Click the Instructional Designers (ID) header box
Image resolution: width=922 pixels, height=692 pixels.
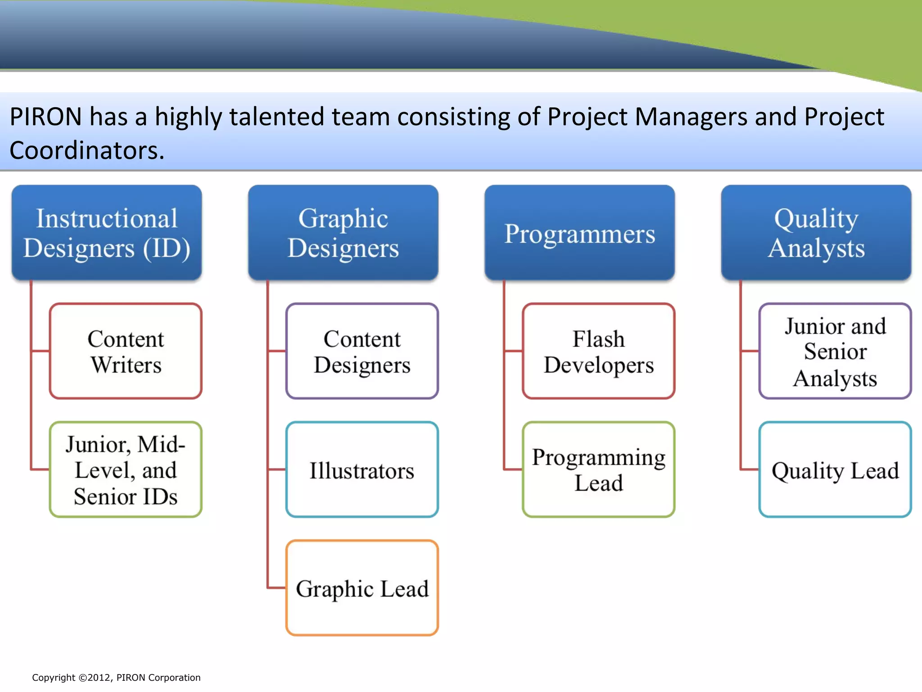(107, 232)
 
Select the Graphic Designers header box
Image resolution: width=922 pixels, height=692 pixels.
(343, 232)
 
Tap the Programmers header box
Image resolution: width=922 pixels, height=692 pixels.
(579, 232)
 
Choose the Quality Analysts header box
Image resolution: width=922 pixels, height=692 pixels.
(816, 232)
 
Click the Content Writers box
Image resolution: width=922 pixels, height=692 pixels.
(126, 351)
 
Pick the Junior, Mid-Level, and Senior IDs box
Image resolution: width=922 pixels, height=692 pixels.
(126, 469)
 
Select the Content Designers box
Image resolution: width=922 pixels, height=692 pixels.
(362, 351)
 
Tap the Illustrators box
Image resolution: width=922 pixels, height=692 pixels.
(362, 469)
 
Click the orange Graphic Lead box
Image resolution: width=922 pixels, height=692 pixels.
(362, 588)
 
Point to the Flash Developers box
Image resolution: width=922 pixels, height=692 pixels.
(598, 351)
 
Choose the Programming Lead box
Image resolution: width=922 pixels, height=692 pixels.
(598, 469)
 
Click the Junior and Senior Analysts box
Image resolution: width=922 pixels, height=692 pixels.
(835, 351)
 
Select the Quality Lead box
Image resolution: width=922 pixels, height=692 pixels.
(835, 469)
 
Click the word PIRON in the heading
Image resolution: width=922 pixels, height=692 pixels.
(45, 117)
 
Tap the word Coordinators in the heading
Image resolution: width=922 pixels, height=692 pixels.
(86, 150)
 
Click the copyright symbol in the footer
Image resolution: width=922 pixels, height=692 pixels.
(82, 678)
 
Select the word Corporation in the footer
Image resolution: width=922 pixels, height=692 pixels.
(174, 678)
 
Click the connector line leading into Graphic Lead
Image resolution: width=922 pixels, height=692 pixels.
(276, 587)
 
